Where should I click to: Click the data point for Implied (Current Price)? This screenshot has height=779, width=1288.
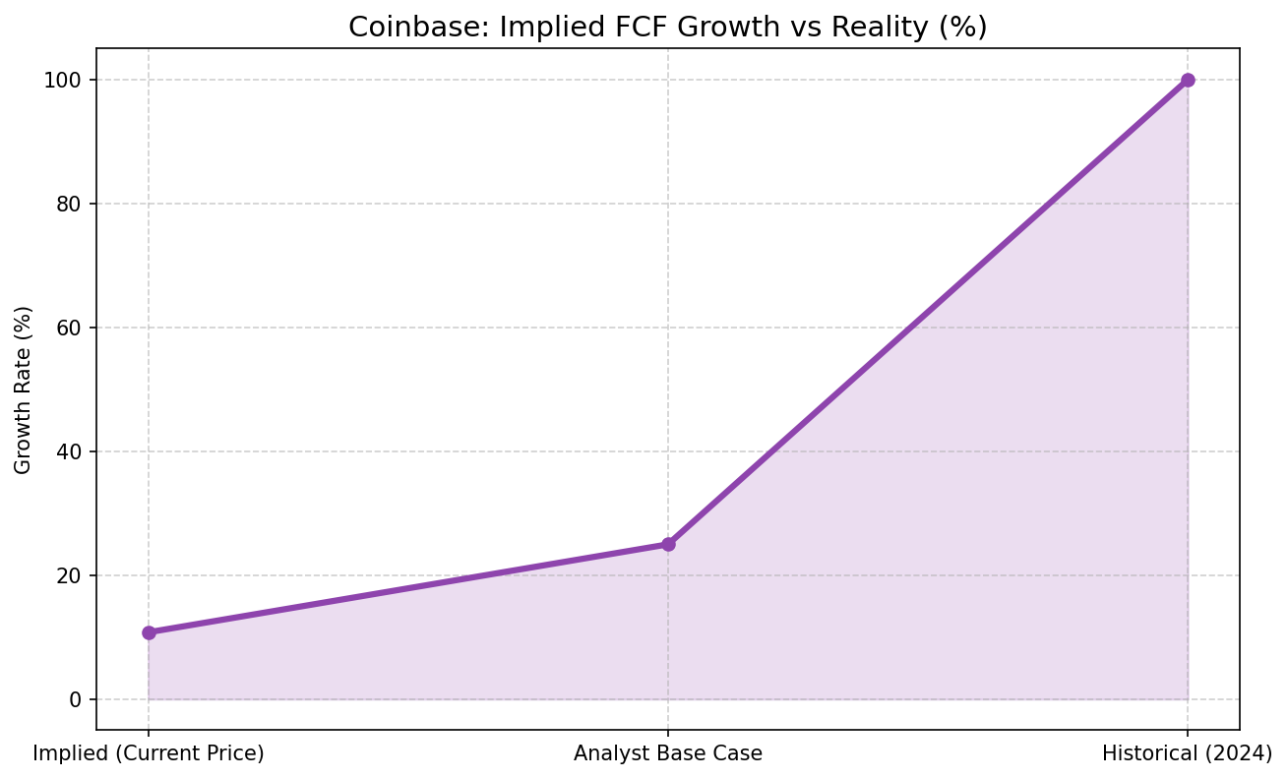tap(149, 632)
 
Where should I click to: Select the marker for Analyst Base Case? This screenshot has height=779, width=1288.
tap(668, 544)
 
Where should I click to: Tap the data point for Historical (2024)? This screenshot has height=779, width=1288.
tap(1188, 80)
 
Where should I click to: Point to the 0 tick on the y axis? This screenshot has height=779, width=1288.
tap(76, 699)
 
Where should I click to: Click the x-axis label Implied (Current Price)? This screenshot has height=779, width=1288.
tap(149, 754)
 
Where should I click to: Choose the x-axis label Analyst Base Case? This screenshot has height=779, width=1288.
tap(668, 754)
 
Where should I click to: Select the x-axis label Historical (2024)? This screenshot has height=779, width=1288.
tap(1188, 754)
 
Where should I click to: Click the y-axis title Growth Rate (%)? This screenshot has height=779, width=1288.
tap(24, 389)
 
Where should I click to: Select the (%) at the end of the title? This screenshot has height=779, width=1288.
tap(964, 28)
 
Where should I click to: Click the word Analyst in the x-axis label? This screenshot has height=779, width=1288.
tap(607, 754)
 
